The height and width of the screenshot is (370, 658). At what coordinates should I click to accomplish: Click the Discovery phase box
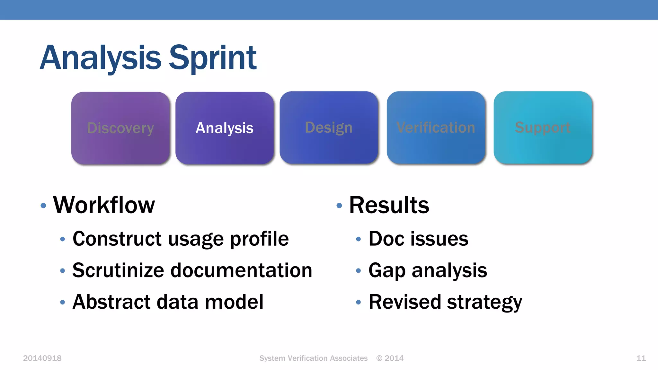pyautogui.click(x=120, y=128)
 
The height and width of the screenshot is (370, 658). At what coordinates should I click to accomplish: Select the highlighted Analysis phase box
pyautogui.click(x=224, y=128)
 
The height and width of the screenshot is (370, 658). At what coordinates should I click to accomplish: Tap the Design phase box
pyautogui.click(x=328, y=128)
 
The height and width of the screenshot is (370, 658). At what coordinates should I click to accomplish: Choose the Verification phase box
pyautogui.click(x=436, y=128)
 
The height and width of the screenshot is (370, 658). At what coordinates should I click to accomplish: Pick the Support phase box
pyautogui.click(x=543, y=128)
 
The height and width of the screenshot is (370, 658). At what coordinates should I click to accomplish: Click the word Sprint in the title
pyautogui.click(x=212, y=58)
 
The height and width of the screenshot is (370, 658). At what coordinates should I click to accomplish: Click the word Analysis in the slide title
pyautogui.click(x=100, y=58)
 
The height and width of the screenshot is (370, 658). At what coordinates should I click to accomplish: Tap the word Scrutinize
pyautogui.click(x=118, y=270)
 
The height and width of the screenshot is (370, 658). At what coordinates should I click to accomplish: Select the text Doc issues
pyautogui.click(x=418, y=239)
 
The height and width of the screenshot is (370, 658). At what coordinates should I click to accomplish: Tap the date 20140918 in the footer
pyautogui.click(x=42, y=358)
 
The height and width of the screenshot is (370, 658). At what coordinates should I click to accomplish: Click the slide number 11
pyautogui.click(x=641, y=358)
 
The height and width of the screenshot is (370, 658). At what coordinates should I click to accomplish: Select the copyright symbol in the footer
pyautogui.click(x=379, y=358)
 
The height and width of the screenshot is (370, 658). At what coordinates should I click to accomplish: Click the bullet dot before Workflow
pyautogui.click(x=43, y=206)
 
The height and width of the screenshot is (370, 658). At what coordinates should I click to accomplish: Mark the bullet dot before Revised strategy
pyautogui.click(x=359, y=302)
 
